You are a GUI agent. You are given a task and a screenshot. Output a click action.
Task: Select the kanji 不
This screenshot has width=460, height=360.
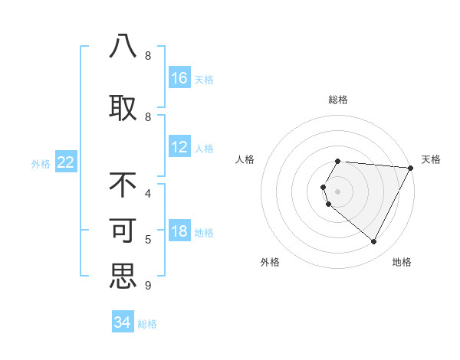pos(123,185)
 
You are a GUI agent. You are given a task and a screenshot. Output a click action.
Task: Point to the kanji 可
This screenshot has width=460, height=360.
pos(123,231)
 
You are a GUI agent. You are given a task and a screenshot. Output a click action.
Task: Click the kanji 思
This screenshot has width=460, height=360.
pos(123,276)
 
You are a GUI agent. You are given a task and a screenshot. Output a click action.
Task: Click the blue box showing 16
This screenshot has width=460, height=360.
pos(179,78)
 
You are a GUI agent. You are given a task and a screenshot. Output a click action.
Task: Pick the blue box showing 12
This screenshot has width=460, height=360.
pos(179,148)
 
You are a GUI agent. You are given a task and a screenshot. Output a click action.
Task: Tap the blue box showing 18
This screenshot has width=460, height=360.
pos(179,232)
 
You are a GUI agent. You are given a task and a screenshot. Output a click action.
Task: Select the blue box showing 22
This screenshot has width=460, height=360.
pos(66,162)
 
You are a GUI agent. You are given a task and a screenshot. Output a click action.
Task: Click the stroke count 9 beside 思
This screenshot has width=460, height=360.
pos(147,286)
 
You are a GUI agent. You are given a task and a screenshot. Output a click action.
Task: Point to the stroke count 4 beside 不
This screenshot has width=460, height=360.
pos(147,194)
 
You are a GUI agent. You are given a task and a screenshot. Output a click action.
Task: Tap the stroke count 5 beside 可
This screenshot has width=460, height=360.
pos(147,240)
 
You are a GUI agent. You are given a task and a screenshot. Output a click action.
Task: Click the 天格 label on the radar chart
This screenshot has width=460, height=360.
pos(431,159)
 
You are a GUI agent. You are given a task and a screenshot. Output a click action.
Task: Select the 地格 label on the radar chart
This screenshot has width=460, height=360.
pos(402,262)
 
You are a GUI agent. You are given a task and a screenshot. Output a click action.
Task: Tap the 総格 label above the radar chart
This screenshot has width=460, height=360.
pos(337,100)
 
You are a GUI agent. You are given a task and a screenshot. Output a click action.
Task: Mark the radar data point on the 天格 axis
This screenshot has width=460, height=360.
pos(410,168)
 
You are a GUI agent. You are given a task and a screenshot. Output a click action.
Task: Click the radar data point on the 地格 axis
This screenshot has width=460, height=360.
pos(373,241)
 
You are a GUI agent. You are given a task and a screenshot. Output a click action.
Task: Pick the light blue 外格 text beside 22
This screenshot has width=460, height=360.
pos(41,163)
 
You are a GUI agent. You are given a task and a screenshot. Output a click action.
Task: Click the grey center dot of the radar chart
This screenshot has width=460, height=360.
pos(337,191)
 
